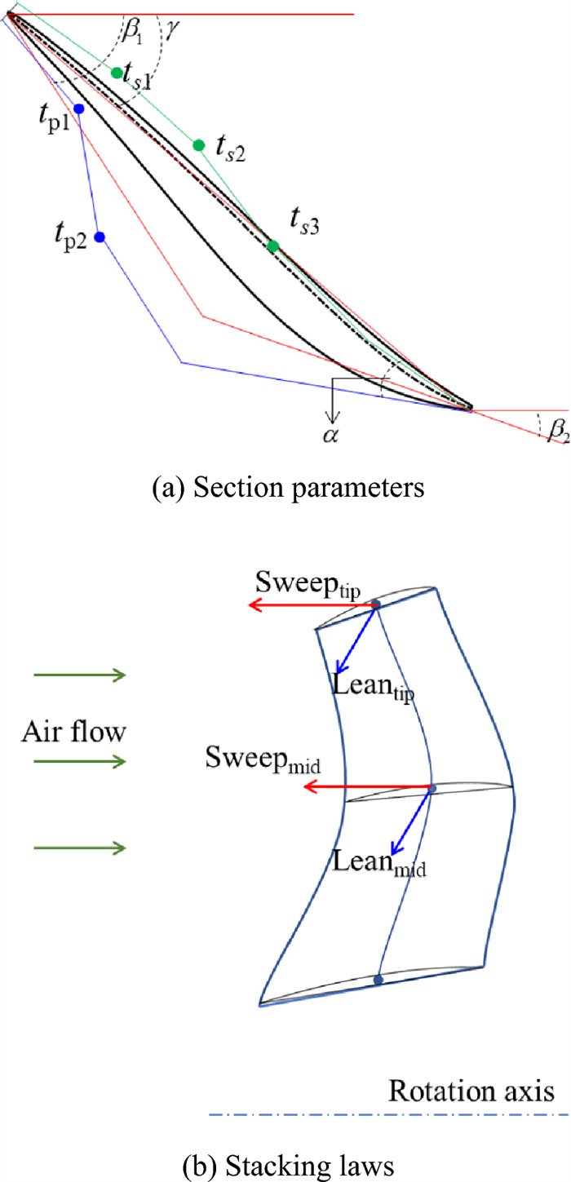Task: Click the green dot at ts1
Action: point(117,73)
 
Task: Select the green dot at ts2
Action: point(198,145)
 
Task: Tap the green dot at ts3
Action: point(273,246)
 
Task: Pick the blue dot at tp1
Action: point(79,108)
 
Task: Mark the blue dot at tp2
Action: point(100,237)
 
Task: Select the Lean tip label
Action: point(374,686)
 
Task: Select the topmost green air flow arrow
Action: point(79,675)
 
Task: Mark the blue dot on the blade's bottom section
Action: point(378,979)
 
